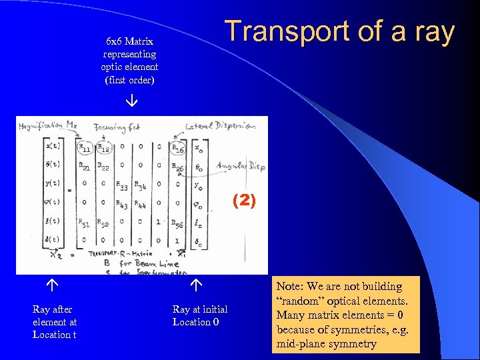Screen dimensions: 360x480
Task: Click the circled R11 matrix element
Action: point(85,147)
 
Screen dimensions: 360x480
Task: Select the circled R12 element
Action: point(103,147)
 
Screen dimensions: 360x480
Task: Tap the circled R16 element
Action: point(177,147)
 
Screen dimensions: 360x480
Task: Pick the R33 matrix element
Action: point(123,186)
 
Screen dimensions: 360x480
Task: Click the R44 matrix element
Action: point(141,205)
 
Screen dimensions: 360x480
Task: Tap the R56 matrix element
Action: point(177,224)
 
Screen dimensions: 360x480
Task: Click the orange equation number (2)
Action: point(243,201)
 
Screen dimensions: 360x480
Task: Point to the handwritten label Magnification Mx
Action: point(50,125)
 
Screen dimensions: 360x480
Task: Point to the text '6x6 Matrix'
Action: point(129,41)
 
